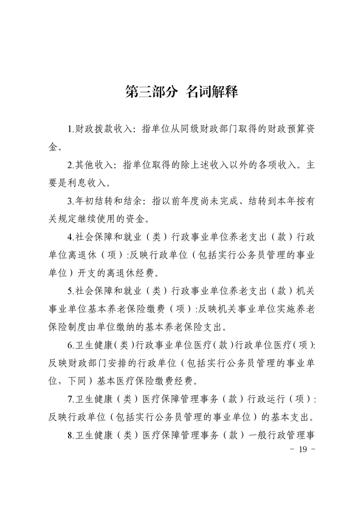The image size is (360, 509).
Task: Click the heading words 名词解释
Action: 212,92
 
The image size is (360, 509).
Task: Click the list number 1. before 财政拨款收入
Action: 70,129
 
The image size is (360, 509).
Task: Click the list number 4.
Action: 70,238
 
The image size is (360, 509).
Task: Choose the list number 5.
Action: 70,293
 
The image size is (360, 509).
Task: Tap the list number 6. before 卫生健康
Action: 70,347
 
